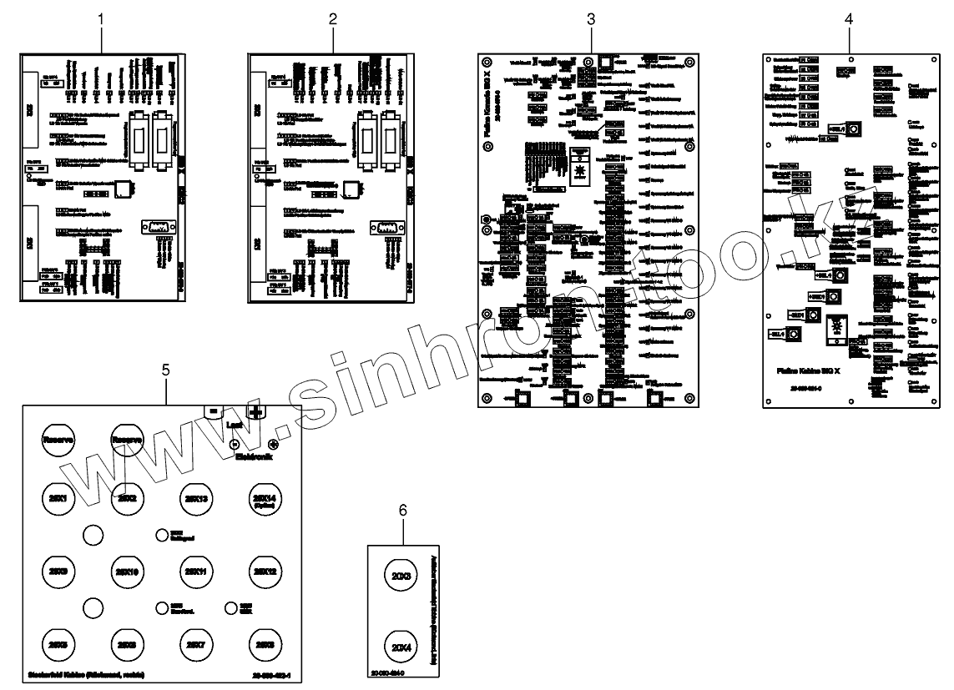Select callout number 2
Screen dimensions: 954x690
(x=333, y=18)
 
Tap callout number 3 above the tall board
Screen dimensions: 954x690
(x=591, y=18)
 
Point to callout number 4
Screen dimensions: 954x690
(x=849, y=18)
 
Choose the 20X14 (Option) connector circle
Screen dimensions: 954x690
(x=260, y=500)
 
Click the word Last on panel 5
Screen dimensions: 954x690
(x=235, y=425)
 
